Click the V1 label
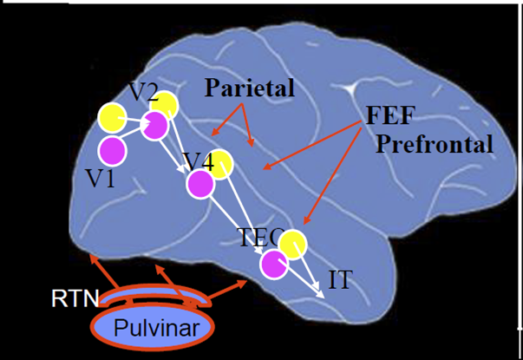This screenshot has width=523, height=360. (103, 178)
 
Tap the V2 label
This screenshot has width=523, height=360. (142, 92)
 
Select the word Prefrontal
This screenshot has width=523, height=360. (434, 142)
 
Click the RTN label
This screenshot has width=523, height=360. (70, 299)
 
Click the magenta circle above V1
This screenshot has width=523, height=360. (112, 150)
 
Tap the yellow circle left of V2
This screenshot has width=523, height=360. (112, 116)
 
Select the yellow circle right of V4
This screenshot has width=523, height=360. (220, 164)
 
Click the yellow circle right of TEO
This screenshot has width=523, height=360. (293, 245)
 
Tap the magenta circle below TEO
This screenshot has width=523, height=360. (275, 264)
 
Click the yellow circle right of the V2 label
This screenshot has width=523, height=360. (166, 106)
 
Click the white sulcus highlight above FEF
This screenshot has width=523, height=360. (350, 89)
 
